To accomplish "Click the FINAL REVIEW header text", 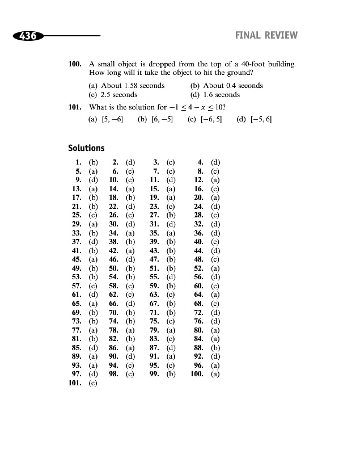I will coord(266,36).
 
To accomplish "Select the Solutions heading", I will coord(86,148).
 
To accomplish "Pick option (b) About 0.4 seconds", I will coord(227,86).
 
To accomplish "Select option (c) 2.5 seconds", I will coord(113,95).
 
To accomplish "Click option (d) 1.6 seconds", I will coord(215,95).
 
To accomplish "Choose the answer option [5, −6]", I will coord(107,120).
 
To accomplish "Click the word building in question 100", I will coord(279,64).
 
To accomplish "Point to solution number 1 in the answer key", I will coord(79,162).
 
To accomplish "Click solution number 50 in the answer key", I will coord(113,268).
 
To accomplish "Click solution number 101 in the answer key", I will coord(75,384).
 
